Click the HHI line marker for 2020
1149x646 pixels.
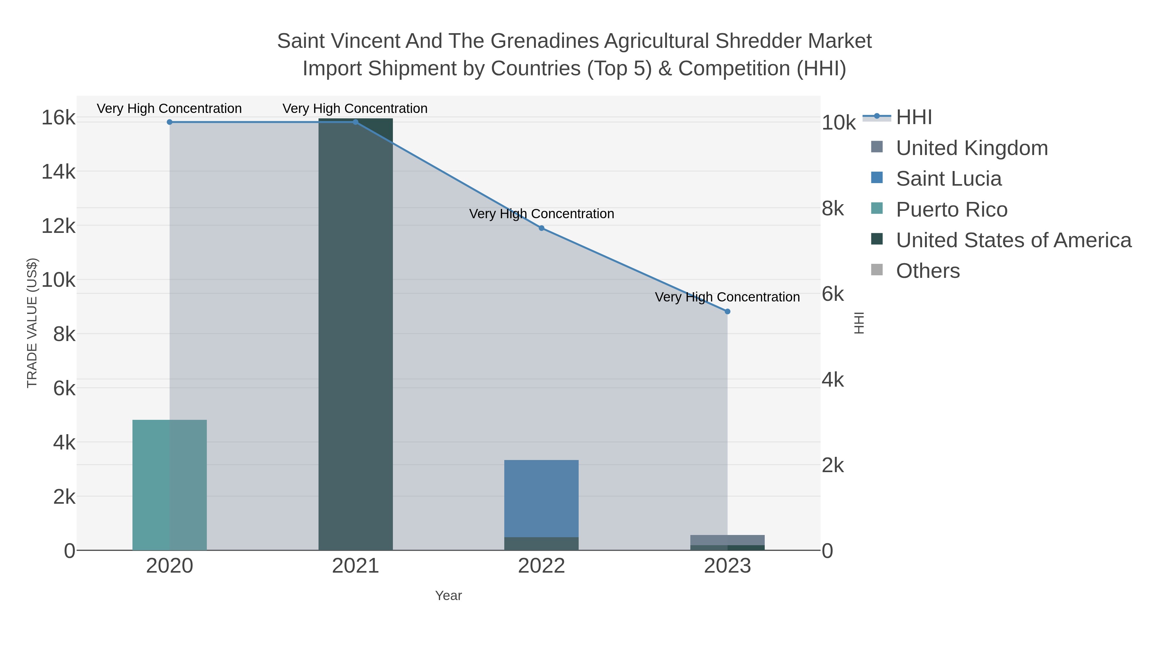(x=169, y=122)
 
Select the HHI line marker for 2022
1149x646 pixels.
(x=542, y=228)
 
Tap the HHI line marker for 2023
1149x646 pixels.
(x=727, y=312)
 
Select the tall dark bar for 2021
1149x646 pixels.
(x=356, y=334)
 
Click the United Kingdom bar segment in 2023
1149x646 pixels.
(x=727, y=540)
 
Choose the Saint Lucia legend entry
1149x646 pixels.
(x=949, y=179)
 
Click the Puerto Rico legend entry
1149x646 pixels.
(x=951, y=210)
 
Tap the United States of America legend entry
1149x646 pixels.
(x=1013, y=240)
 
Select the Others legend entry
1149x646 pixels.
(x=928, y=271)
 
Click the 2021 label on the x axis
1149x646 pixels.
(x=356, y=566)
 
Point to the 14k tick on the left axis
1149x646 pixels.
(x=58, y=172)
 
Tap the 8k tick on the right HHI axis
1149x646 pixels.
(x=833, y=209)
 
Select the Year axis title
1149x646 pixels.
(x=448, y=596)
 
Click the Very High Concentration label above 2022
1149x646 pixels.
(x=542, y=214)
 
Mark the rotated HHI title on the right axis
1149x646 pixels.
(x=859, y=323)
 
